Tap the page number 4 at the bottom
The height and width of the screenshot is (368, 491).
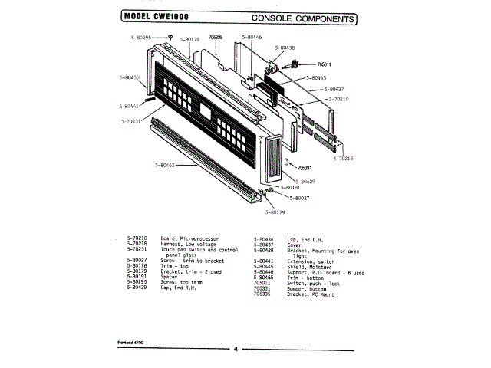236,350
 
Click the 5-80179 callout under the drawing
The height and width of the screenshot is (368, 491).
275,212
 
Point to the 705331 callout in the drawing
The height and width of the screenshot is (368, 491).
305,167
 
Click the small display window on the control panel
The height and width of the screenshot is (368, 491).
206,113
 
